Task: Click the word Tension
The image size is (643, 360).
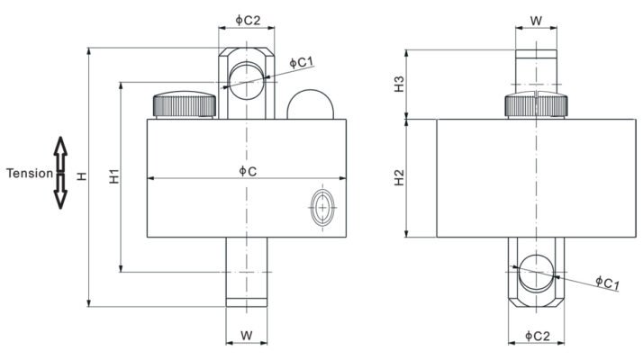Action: [30, 174]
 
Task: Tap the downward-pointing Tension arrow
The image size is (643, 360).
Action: [60, 192]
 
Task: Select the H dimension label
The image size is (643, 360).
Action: [82, 175]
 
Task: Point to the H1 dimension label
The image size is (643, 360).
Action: [114, 175]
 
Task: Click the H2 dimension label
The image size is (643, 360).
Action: [399, 177]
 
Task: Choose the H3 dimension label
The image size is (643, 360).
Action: [399, 84]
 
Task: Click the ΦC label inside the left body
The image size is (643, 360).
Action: [248, 171]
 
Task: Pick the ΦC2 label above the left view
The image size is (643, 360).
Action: [248, 20]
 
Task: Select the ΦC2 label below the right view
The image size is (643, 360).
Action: [538, 337]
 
